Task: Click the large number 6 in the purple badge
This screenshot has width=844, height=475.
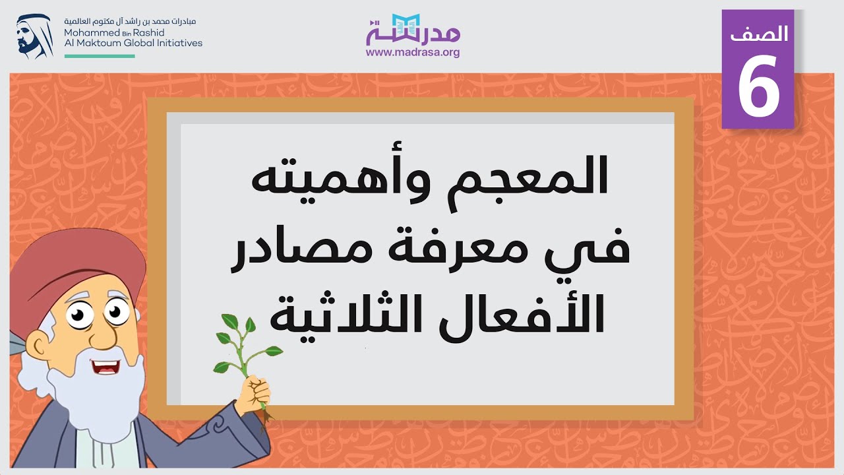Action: [x=758, y=88]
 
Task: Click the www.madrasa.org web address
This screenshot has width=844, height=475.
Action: [x=413, y=53]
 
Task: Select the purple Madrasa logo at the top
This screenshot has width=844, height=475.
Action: [x=413, y=30]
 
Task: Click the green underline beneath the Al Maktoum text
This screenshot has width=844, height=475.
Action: [x=100, y=56]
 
